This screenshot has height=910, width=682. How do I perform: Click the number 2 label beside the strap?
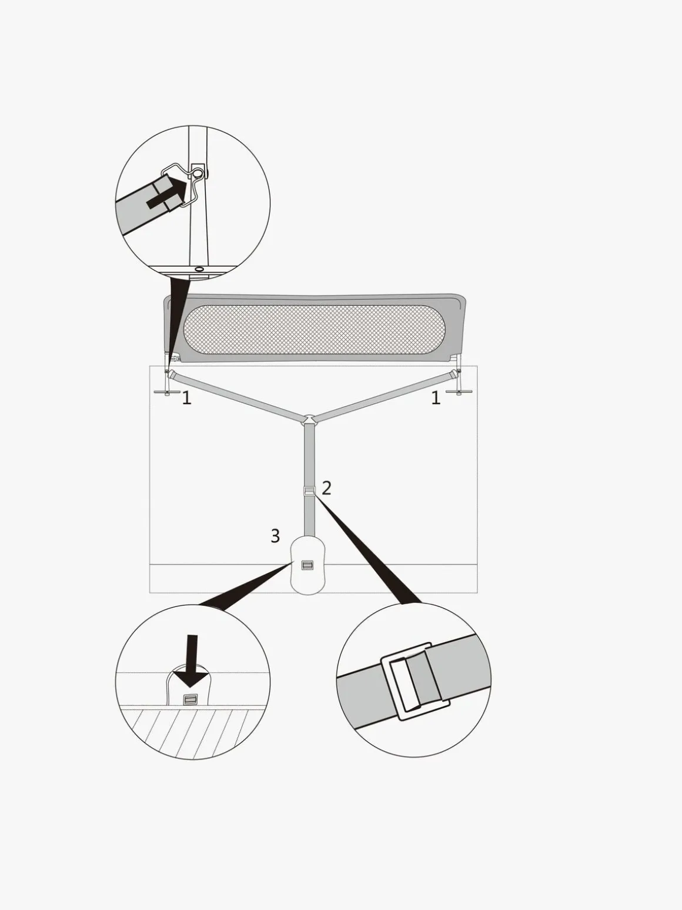pyautogui.click(x=326, y=488)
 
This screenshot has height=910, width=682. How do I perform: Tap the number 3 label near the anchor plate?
pyautogui.click(x=276, y=536)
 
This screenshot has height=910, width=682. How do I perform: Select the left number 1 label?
pyautogui.click(x=187, y=398)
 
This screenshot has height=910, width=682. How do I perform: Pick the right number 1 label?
pyautogui.click(x=436, y=398)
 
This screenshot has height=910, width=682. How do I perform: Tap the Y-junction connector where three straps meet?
pyautogui.click(x=309, y=419)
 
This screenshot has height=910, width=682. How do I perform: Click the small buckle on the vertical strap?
pyautogui.click(x=309, y=491)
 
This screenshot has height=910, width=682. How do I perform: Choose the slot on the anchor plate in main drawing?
pyautogui.click(x=308, y=565)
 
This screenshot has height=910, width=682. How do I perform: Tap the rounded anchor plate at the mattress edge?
pyautogui.click(x=309, y=565)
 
